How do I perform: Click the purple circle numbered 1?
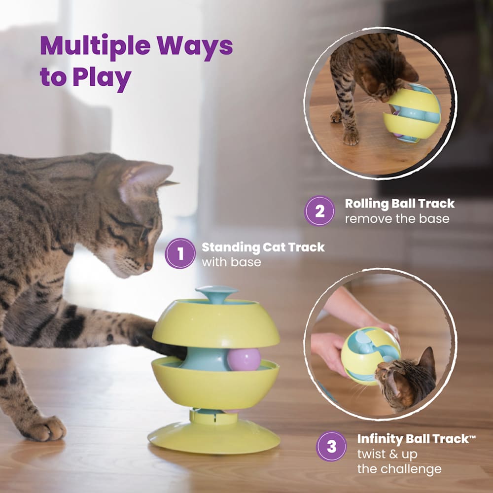point(180,253)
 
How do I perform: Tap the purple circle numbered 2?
point(319,211)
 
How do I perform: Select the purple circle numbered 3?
point(331,446)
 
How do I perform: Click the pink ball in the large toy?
point(244,359)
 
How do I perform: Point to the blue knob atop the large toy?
point(217,294)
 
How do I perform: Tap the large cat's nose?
point(148,267)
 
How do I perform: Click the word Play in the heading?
point(102,78)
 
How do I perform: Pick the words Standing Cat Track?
point(263,247)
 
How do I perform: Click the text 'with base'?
point(231,262)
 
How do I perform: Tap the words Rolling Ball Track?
point(400,204)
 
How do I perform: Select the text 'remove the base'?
point(397,218)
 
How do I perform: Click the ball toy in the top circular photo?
point(412,113)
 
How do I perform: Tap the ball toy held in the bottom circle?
point(370,356)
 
